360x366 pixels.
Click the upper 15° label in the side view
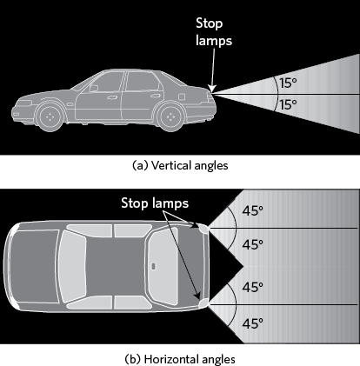click(x=288, y=83)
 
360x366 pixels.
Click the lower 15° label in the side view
click(x=288, y=104)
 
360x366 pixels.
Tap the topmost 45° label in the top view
click(x=253, y=210)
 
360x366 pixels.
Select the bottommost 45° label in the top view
click(x=253, y=323)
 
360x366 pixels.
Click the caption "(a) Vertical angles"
click(x=180, y=165)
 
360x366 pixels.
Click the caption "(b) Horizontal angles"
click(x=180, y=359)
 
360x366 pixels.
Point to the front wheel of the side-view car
click(x=50, y=116)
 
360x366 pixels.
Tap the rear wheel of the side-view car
click(x=170, y=116)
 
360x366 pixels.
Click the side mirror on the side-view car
click(x=94, y=88)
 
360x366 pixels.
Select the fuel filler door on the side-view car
click(x=182, y=96)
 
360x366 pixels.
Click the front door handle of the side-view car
click(x=112, y=97)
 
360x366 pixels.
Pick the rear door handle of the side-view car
click(x=155, y=96)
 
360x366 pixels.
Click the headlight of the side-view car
click(x=23, y=103)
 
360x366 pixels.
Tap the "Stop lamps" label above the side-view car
click(x=214, y=32)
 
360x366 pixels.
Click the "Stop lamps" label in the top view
click(x=155, y=203)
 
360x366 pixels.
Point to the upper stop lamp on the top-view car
click(x=203, y=229)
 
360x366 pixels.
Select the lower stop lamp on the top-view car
click(x=203, y=303)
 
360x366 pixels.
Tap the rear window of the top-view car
click(x=163, y=267)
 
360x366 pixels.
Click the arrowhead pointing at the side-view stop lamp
click(x=212, y=89)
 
